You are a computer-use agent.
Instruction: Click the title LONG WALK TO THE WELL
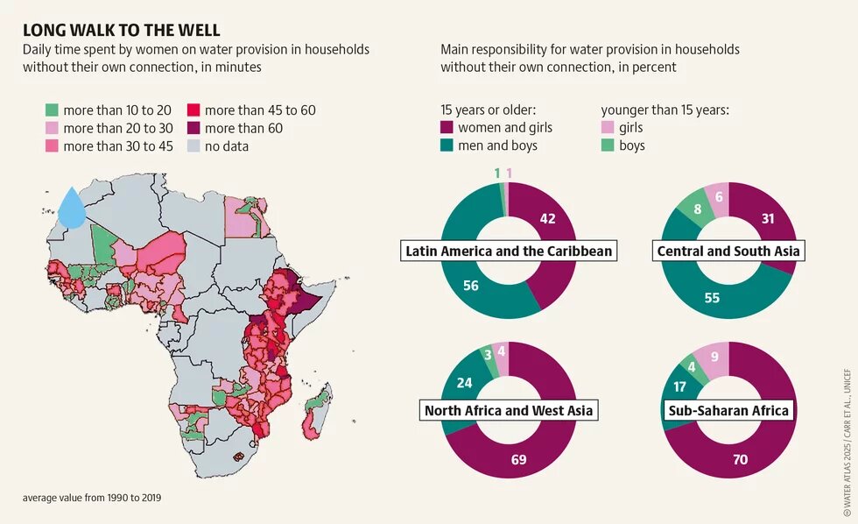point(122,31)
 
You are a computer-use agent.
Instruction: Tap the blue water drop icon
point(71,208)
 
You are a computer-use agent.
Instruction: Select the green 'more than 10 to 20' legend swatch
point(53,110)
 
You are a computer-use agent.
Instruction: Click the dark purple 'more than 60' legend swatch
point(193,128)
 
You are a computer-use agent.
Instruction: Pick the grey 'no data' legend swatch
point(193,146)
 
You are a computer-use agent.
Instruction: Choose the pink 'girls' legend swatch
point(608,128)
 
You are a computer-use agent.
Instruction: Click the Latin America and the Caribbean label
point(509,251)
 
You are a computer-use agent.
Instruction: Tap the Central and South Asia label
point(728,251)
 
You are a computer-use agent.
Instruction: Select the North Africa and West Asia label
point(509,410)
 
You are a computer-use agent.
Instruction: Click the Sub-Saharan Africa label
point(728,410)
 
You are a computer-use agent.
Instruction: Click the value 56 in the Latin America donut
point(470,286)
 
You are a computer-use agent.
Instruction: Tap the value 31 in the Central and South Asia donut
point(768,219)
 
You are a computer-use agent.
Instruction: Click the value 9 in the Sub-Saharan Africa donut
point(714,357)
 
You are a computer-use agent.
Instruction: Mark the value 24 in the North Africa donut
point(465,383)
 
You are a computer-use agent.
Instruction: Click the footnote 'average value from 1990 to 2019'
point(92,498)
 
